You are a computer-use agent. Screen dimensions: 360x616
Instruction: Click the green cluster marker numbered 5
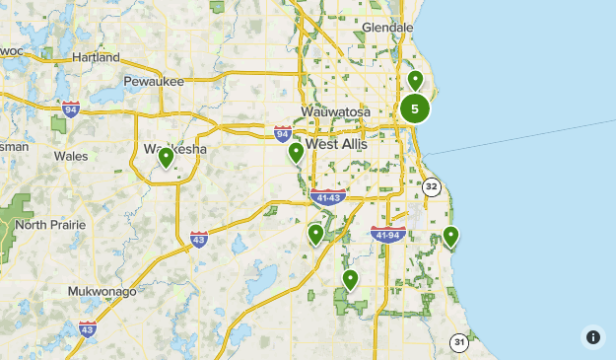click(415, 109)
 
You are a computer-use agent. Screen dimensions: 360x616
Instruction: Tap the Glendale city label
click(387, 28)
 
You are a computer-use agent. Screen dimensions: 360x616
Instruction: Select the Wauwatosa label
click(335, 112)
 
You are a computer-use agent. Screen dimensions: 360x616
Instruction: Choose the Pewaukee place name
click(154, 82)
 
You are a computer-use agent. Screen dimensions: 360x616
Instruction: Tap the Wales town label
click(71, 156)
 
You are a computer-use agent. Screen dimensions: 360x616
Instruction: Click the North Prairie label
click(50, 225)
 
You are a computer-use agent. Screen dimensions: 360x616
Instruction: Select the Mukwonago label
click(103, 292)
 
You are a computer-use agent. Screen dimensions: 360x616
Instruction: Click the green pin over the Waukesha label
click(166, 156)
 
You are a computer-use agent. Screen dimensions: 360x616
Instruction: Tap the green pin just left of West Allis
click(296, 152)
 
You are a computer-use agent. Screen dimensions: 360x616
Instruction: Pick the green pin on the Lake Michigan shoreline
click(450, 236)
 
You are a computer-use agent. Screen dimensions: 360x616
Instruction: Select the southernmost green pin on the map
click(349, 280)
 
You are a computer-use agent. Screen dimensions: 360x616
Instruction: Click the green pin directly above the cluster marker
click(415, 80)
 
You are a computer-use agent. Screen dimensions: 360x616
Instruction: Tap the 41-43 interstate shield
click(326, 197)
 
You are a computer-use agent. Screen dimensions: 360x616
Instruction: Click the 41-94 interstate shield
click(387, 234)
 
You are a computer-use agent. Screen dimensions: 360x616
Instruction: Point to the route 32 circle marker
click(431, 185)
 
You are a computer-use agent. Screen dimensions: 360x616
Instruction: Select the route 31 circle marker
click(459, 342)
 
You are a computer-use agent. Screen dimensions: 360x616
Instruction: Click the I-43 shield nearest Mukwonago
click(87, 328)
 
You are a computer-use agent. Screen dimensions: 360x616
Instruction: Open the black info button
click(592, 336)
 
